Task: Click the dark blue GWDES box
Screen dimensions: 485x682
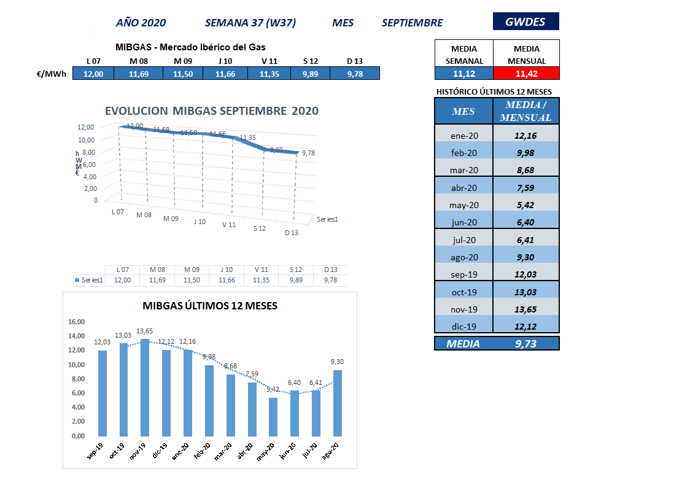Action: [x=525, y=21]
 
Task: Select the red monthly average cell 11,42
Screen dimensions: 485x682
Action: [x=527, y=74]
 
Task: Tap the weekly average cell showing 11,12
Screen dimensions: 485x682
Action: [x=463, y=74]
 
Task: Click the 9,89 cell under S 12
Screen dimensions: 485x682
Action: [x=310, y=74]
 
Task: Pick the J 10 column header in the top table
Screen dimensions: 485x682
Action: [x=225, y=61]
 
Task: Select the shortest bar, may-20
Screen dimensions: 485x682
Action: [x=273, y=416]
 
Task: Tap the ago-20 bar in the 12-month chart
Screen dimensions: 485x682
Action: [x=337, y=402]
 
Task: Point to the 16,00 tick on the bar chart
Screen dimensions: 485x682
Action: [x=76, y=321]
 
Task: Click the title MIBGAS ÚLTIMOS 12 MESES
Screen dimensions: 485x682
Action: [x=209, y=306]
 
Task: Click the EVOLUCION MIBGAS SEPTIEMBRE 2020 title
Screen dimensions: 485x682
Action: [x=212, y=111]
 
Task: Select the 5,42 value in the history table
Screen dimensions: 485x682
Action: [x=527, y=205]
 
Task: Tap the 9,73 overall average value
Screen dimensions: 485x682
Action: [x=527, y=344]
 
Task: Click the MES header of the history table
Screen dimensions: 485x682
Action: [x=463, y=111]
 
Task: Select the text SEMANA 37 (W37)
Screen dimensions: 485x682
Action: [x=250, y=23]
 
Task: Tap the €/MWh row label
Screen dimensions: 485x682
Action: [x=52, y=74]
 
